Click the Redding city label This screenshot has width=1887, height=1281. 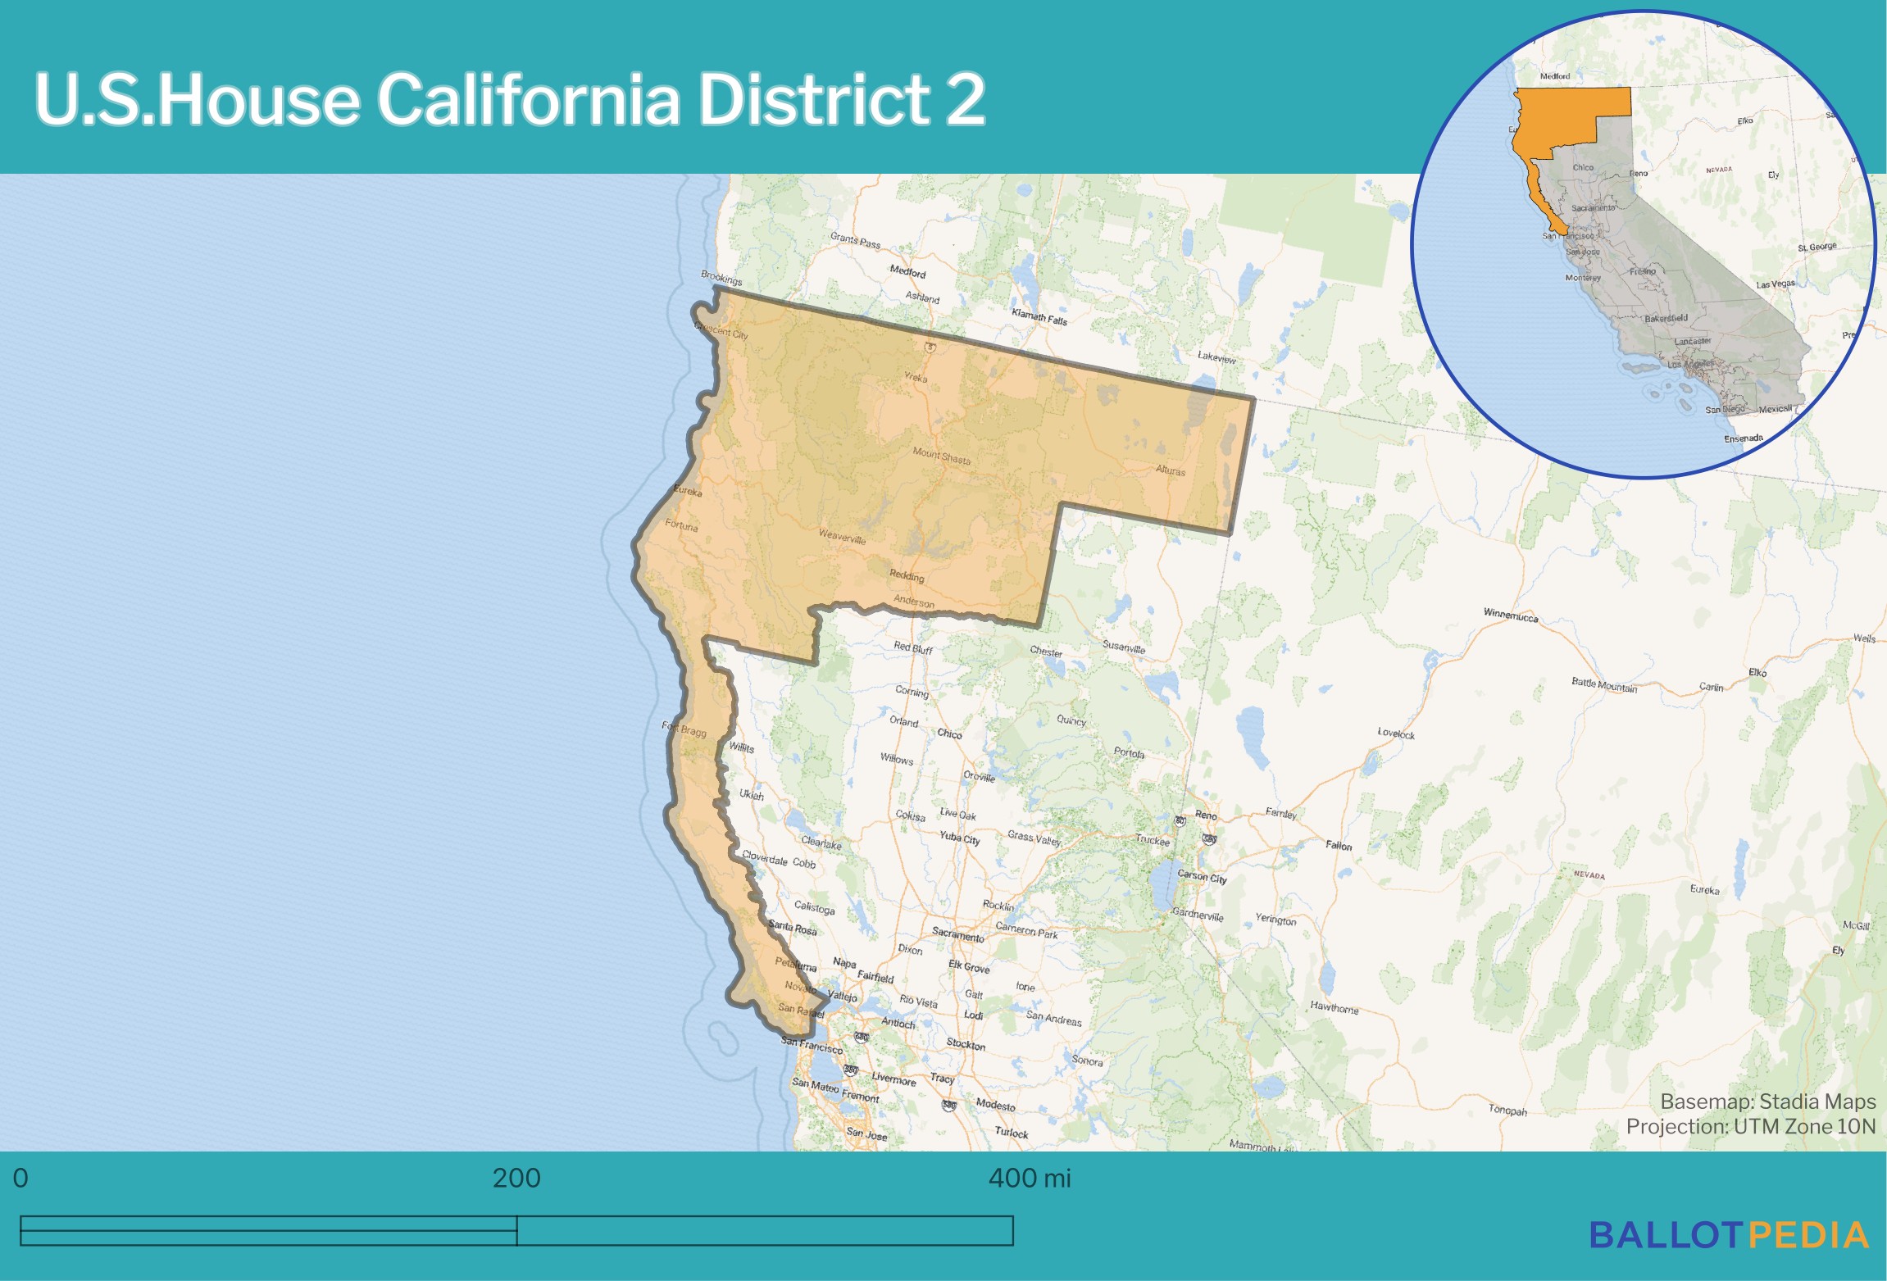coord(907,576)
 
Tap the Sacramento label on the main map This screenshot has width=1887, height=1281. coord(957,934)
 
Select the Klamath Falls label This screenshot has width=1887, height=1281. coord(1039,317)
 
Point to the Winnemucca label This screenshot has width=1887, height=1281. coord(1511,616)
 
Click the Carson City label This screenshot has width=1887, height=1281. coord(1202,876)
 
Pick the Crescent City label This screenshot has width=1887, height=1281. coord(721,330)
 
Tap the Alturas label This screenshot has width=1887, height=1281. coord(1171,470)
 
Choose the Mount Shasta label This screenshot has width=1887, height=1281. coord(941,456)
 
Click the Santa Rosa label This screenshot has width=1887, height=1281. coord(793,928)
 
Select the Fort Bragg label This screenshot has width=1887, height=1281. coord(684,729)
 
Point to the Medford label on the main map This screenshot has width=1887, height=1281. coord(907,271)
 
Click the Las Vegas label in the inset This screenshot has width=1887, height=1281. coord(1776,284)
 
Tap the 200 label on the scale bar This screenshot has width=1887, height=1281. coord(516,1178)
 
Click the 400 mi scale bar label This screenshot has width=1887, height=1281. coord(1030,1178)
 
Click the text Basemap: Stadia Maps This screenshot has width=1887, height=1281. coord(1768,1101)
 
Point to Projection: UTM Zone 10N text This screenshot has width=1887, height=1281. coord(1751,1126)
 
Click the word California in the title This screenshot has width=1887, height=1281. coord(529,99)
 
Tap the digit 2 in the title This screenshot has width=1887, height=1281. coord(965,99)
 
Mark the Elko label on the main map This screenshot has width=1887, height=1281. coord(1757,672)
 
